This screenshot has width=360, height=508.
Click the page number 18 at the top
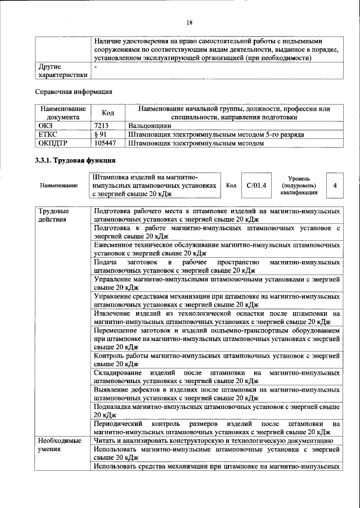[189, 23]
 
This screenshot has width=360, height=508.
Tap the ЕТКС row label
[47, 135]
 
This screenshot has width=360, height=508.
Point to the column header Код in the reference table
[107, 113]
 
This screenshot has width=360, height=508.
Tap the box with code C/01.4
[256, 185]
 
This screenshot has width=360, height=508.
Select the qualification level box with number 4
[335, 185]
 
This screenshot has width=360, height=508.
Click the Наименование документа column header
[62, 113]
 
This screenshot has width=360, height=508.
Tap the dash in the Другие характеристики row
[96, 66]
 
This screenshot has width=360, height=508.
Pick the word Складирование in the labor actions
[119, 372]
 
